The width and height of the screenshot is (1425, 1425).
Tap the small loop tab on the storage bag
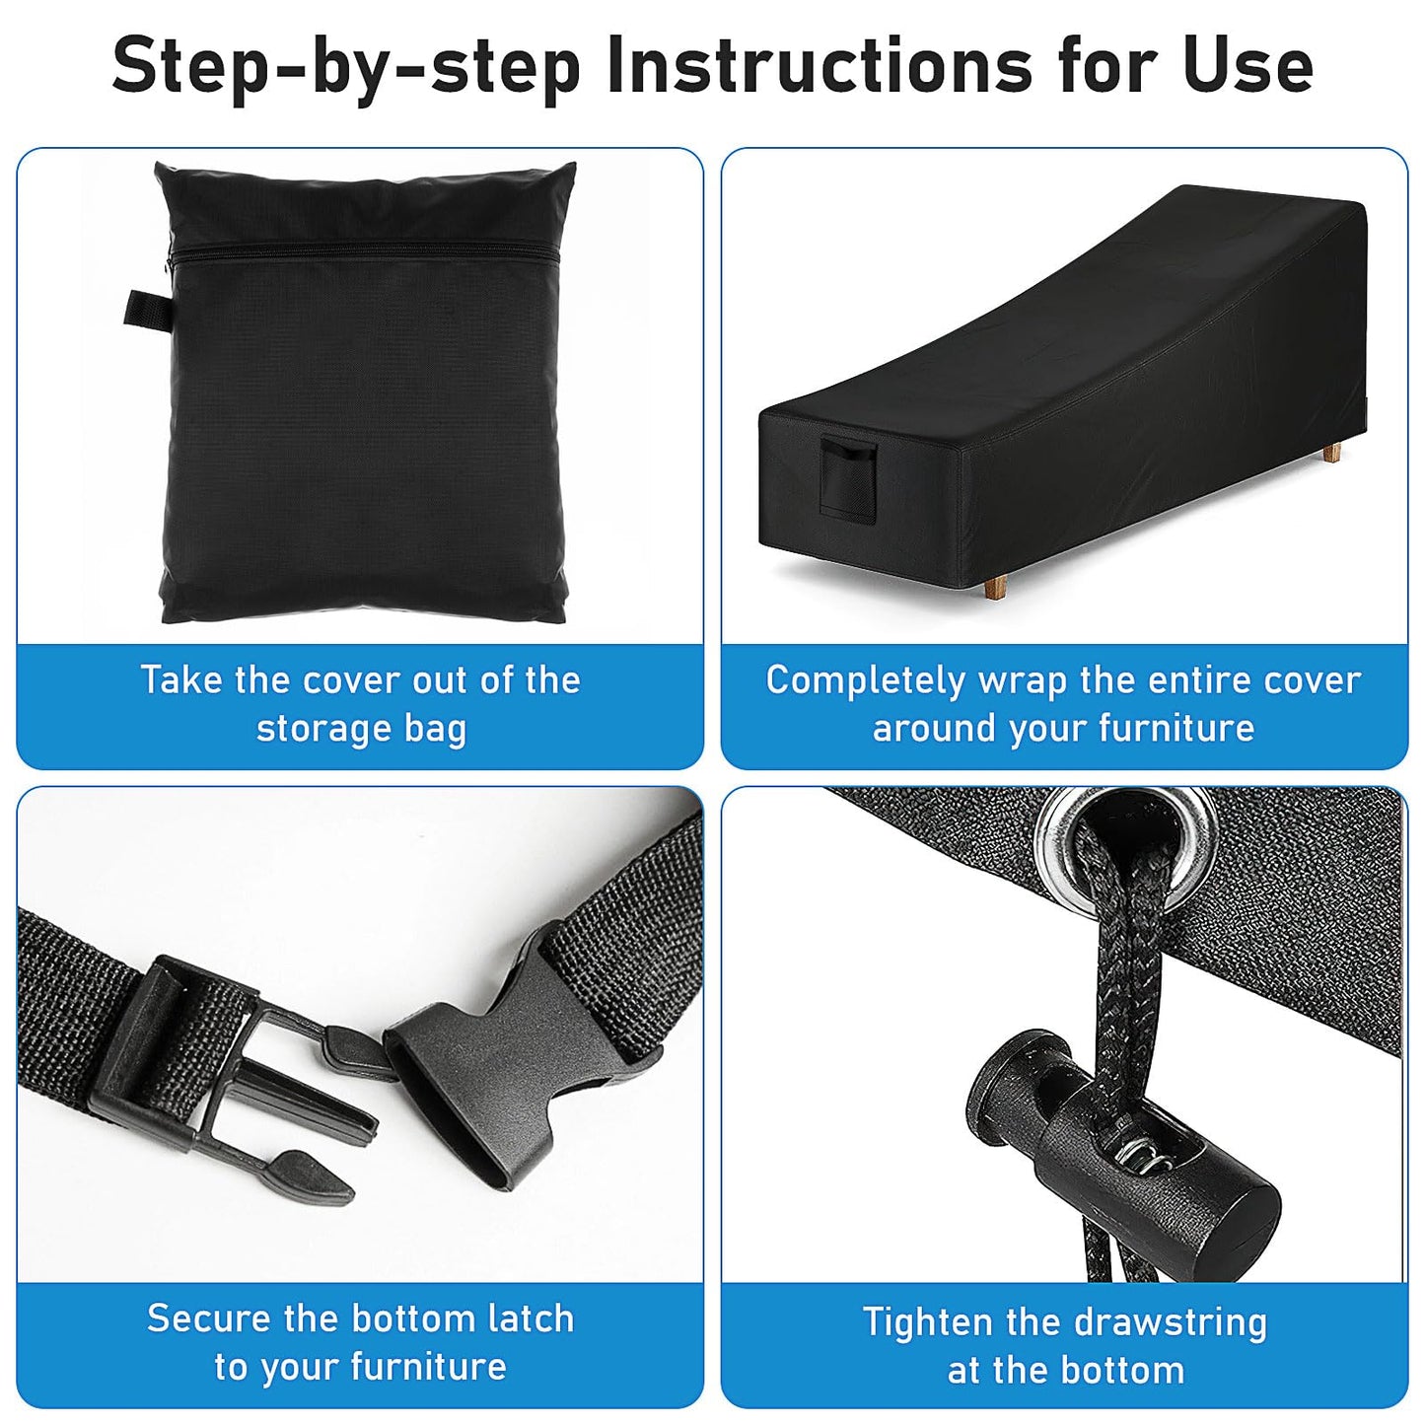click(148, 309)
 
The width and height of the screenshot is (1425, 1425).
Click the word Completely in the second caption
click(865, 681)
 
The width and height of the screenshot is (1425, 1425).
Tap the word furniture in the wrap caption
click(1176, 728)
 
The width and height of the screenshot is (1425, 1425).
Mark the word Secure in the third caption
click(208, 1318)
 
